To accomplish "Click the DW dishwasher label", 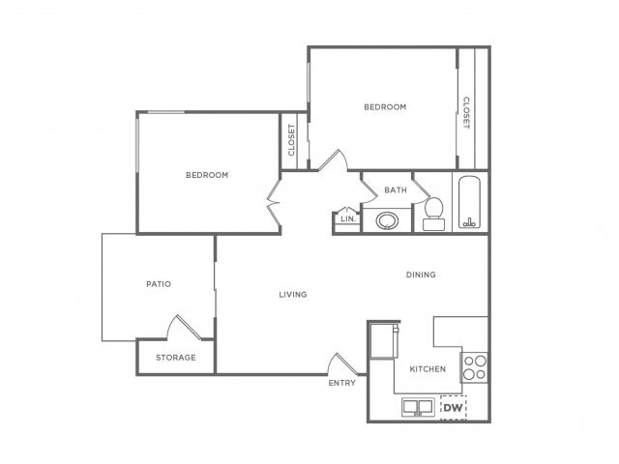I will (x=453, y=408).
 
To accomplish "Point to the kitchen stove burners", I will (x=474, y=367).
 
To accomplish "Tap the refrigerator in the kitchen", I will (x=381, y=340).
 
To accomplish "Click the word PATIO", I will (x=159, y=284).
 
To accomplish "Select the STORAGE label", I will (x=176, y=358).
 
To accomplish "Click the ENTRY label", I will (x=341, y=383).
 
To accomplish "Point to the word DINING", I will (x=421, y=275).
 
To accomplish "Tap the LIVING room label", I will (x=292, y=295).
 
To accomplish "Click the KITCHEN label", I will (x=427, y=369).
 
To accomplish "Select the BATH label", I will (x=395, y=190).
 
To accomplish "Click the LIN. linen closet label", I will (x=347, y=219).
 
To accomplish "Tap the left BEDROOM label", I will (x=207, y=175).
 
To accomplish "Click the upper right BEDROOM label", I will (x=385, y=106).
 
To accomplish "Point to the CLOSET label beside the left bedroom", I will (x=291, y=141).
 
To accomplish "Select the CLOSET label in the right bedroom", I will (x=465, y=112).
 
